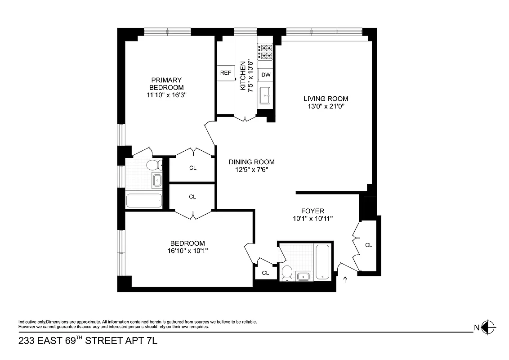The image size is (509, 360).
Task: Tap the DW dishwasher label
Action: click(266, 75)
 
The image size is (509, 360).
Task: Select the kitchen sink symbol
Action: click(265, 94)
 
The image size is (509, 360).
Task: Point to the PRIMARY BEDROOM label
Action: click(166, 84)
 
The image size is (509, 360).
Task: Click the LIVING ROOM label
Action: click(326, 99)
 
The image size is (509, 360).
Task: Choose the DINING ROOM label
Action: click(251, 162)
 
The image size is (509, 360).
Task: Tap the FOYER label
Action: click(313, 211)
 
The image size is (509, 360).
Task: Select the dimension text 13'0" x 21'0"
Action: click(326, 107)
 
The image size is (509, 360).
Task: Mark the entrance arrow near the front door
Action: click(345, 280)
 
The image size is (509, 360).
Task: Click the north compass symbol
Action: click(488, 327)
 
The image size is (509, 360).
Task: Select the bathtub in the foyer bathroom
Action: click(322, 262)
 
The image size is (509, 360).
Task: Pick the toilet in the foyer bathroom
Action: click(286, 272)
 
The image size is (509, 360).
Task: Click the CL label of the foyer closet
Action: click(369, 245)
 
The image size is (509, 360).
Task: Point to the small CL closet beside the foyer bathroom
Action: click(265, 273)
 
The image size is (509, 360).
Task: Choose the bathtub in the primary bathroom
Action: click(144, 200)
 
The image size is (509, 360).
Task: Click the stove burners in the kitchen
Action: click(265, 51)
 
